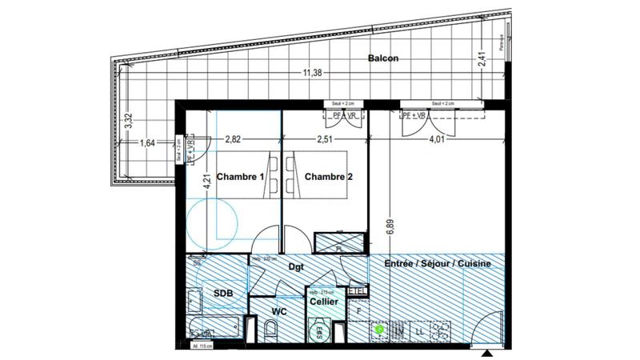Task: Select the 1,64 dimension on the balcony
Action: [148, 144]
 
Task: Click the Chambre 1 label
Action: [239, 177]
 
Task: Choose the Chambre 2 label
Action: [329, 177]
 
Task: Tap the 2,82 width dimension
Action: [234, 138]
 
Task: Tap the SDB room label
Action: [222, 294]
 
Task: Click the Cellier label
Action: [324, 302]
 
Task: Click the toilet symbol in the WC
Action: [270, 329]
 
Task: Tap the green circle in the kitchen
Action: [380, 328]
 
